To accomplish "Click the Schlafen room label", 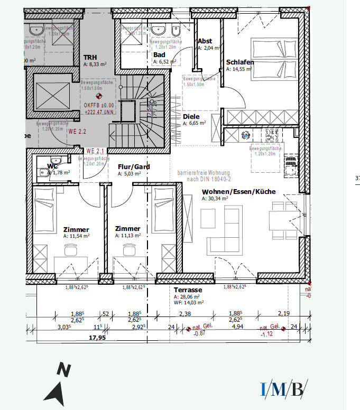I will (x=240, y=62).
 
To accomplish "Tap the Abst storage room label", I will (x=205, y=41).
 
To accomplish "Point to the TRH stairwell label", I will (x=91, y=57).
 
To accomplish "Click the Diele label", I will (x=191, y=116).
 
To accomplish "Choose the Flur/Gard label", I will (x=134, y=166).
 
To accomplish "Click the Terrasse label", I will (x=188, y=290).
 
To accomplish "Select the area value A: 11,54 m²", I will (x=76, y=237).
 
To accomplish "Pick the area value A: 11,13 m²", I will (x=128, y=237).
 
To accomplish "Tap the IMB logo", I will (x=283, y=389).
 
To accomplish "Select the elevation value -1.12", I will (x=265, y=334).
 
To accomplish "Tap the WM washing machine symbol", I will (x=245, y=136).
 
